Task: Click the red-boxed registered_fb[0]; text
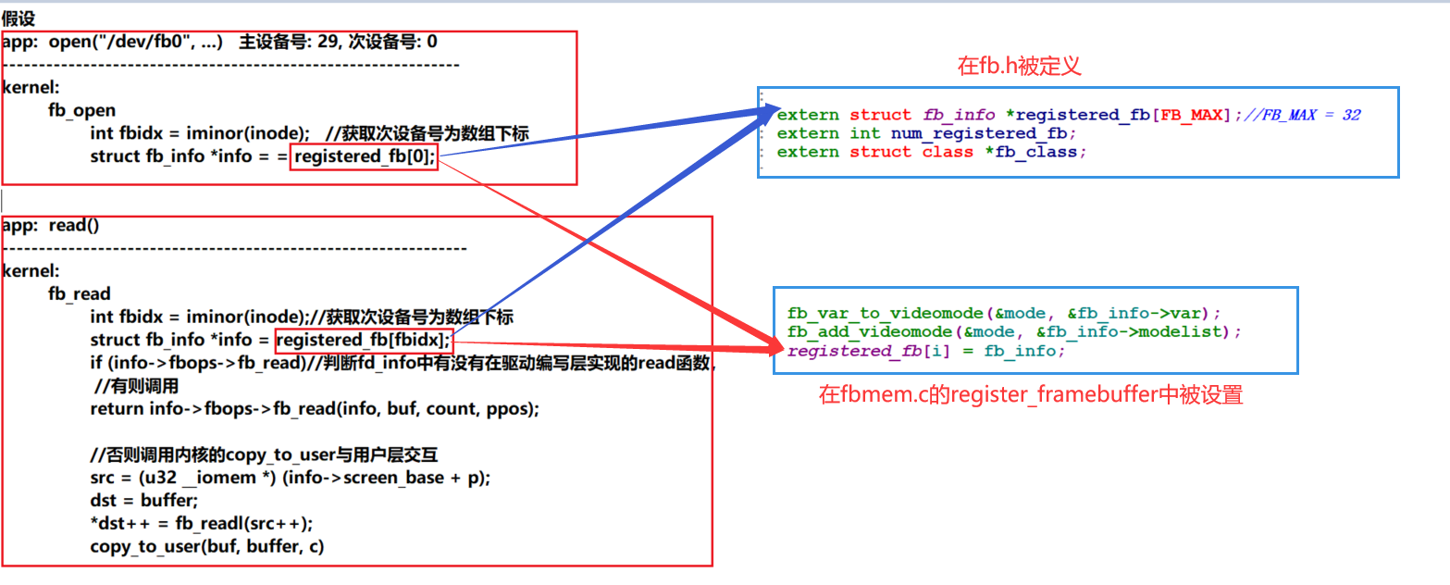pos(364,156)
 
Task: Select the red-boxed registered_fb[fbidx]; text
pos(364,340)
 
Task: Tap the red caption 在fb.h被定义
pos(1019,66)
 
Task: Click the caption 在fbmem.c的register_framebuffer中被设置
pos(1031,395)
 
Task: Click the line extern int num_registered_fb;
pos(921,133)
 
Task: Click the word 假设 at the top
pos(19,18)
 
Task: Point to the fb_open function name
pos(82,111)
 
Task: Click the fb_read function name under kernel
pos(80,294)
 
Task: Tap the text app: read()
pos(51,225)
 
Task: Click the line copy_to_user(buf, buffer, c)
pos(206,546)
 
